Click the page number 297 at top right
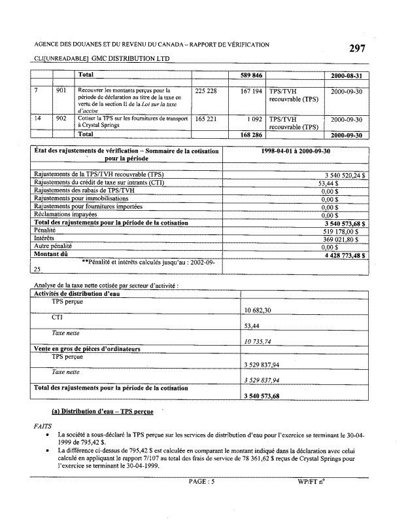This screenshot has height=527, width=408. pos(357,49)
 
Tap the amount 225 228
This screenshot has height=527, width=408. pos(206,90)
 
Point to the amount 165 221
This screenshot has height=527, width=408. pos(206,119)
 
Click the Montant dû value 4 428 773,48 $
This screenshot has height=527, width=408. pos(341,254)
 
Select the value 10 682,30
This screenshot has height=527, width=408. pos(258,310)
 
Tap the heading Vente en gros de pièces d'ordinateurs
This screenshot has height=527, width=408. pos(88,349)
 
